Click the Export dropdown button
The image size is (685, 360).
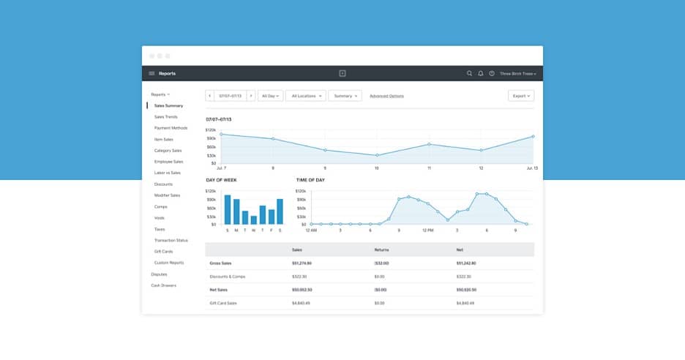click(x=520, y=96)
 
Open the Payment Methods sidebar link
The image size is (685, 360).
click(x=171, y=128)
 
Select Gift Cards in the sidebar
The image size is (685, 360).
click(x=163, y=251)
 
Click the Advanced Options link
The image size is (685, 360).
click(x=386, y=96)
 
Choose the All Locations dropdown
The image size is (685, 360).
click(x=306, y=96)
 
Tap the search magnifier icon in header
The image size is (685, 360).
click(x=470, y=74)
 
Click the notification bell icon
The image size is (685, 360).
click(x=481, y=74)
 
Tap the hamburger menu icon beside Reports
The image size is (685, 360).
click(x=151, y=74)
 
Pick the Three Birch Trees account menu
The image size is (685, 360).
click(x=518, y=74)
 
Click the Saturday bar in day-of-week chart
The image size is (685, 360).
click(x=280, y=211)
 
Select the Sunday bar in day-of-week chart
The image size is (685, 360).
click(x=228, y=209)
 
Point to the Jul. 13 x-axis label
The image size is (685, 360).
click(x=531, y=168)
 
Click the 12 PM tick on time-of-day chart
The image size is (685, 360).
click(x=428, y=230)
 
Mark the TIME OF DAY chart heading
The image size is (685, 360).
click(x=310, y=179)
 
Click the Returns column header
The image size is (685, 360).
click(x=381, y=250)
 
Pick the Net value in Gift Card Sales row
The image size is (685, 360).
click(x=465, y=303)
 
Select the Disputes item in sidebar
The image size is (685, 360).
click(x=159, y=274)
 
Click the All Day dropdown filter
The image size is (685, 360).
click(x=271, y=96)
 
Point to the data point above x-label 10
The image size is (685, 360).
click(x=377, y=155)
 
